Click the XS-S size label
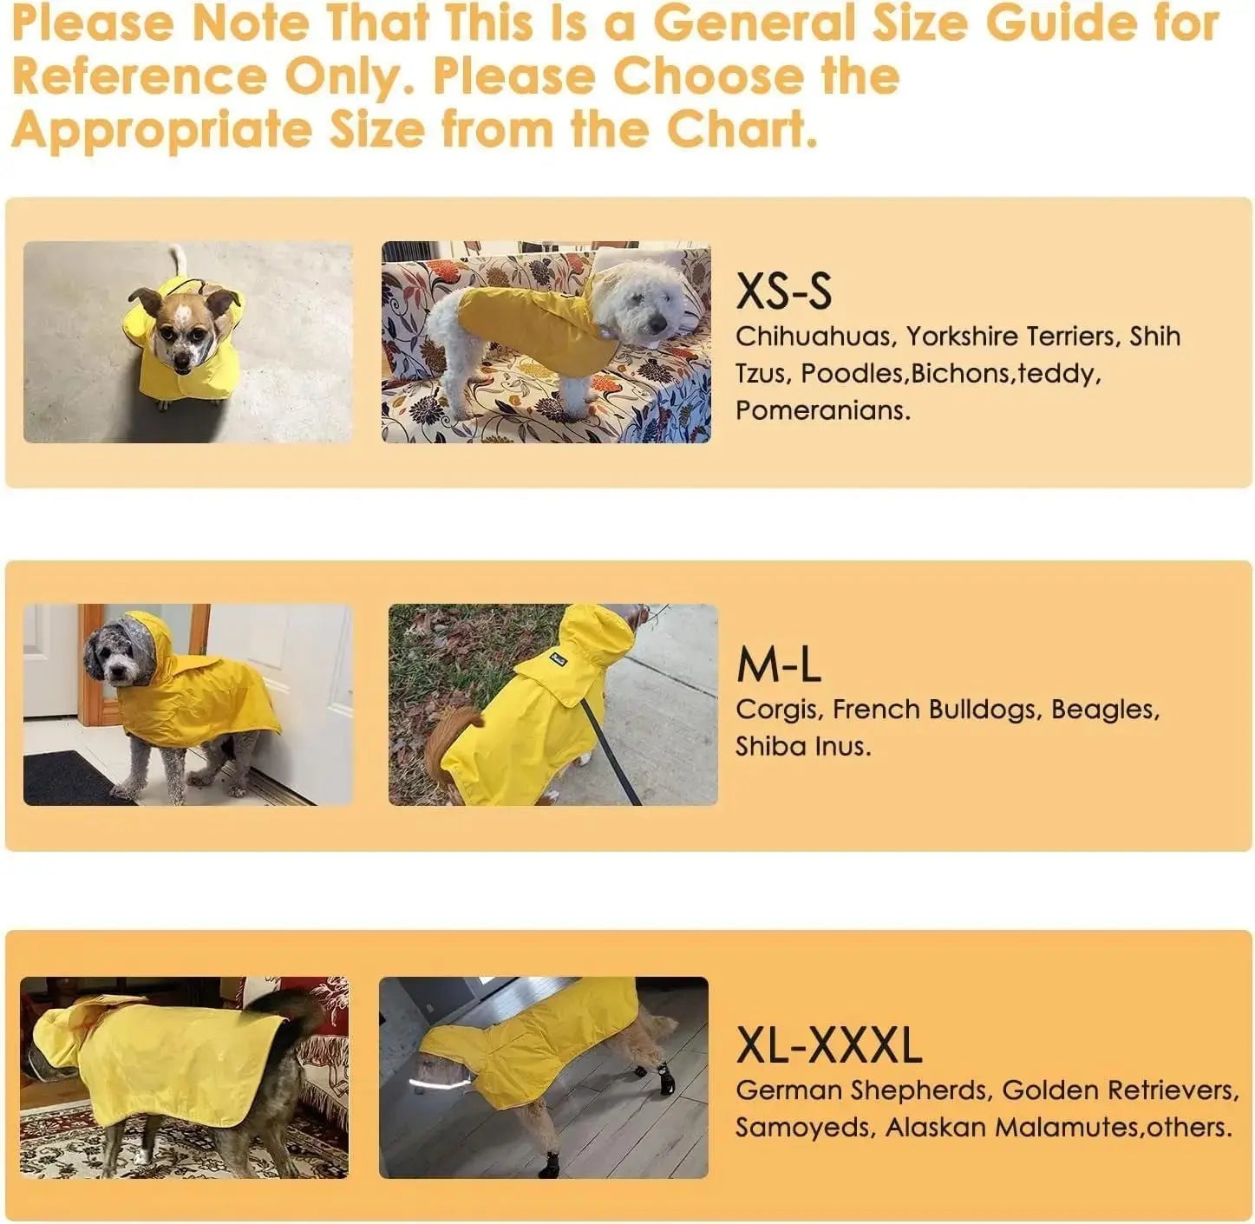[783, 291]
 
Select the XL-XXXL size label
[828, 1044]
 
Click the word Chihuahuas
[815, 337]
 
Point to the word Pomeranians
[823, 410]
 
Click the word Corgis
[779, 710]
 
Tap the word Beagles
[1105, 710]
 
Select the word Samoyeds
[806, 1128]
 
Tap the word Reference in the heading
[140, 75]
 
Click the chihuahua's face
[185, 330]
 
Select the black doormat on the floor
[71, 778]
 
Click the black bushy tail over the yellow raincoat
[284, 1010]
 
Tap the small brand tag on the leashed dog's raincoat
[558, 659]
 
